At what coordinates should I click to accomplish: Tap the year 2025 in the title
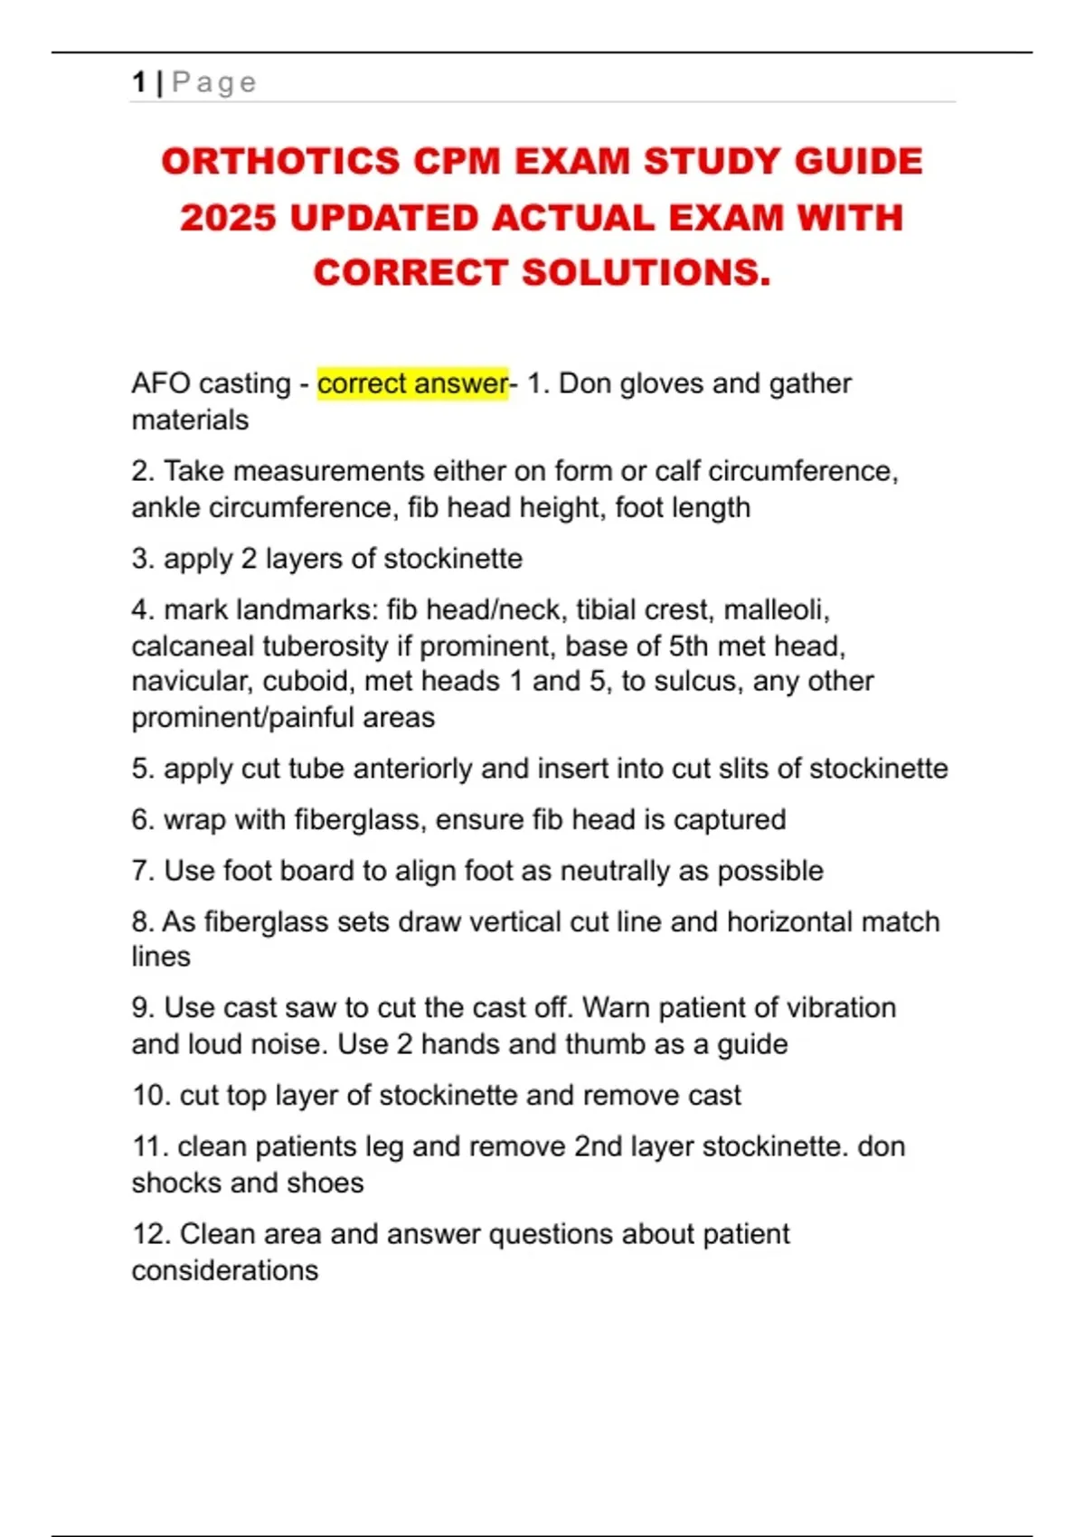click(x=227, y=218)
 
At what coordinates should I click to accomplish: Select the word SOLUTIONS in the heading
click(x=646, y=273)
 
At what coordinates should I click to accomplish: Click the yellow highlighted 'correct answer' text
click(x=412, y=383)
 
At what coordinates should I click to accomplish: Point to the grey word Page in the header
click(x=214, y=82)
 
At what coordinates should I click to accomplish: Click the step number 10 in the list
click(x=148, y=1096)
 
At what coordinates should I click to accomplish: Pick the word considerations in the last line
click(x=225, y=1270)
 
